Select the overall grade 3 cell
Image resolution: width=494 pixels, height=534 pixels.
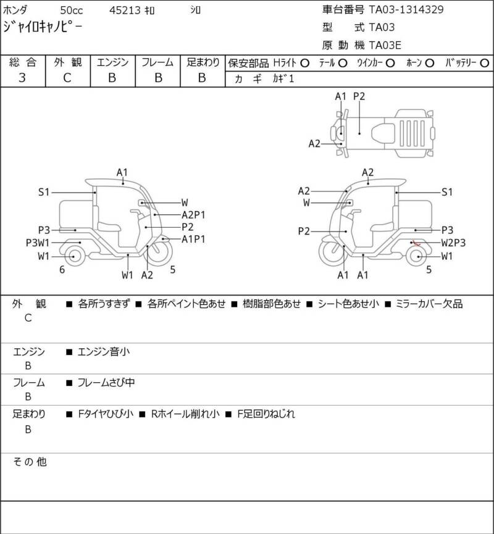[x=22, y=77]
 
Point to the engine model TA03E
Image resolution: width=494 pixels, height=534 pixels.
[x=390, y=44]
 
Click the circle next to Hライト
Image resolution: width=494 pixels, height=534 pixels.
[x=304, y=63]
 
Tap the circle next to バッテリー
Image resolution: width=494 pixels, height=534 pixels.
[x=485, y=63]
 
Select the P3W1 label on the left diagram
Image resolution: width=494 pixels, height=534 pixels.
[x=38, y=243]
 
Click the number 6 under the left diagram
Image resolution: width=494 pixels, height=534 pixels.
[x=62, y=269]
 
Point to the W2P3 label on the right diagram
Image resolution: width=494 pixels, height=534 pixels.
[x=453, y=243]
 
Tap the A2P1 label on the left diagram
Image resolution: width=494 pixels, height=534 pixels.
[x=193, y=215]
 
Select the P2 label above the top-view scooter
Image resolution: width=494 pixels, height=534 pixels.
[x=359, y=96]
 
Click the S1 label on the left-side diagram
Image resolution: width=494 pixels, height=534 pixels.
[x=43, y=193]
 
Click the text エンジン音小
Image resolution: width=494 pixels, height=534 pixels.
[x=103, y=352]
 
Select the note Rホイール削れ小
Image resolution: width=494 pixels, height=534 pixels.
[x=185, y=414]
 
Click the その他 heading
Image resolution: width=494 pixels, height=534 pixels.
[x=30, y=461]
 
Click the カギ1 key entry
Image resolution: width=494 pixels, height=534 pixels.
[x=280, y=78]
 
